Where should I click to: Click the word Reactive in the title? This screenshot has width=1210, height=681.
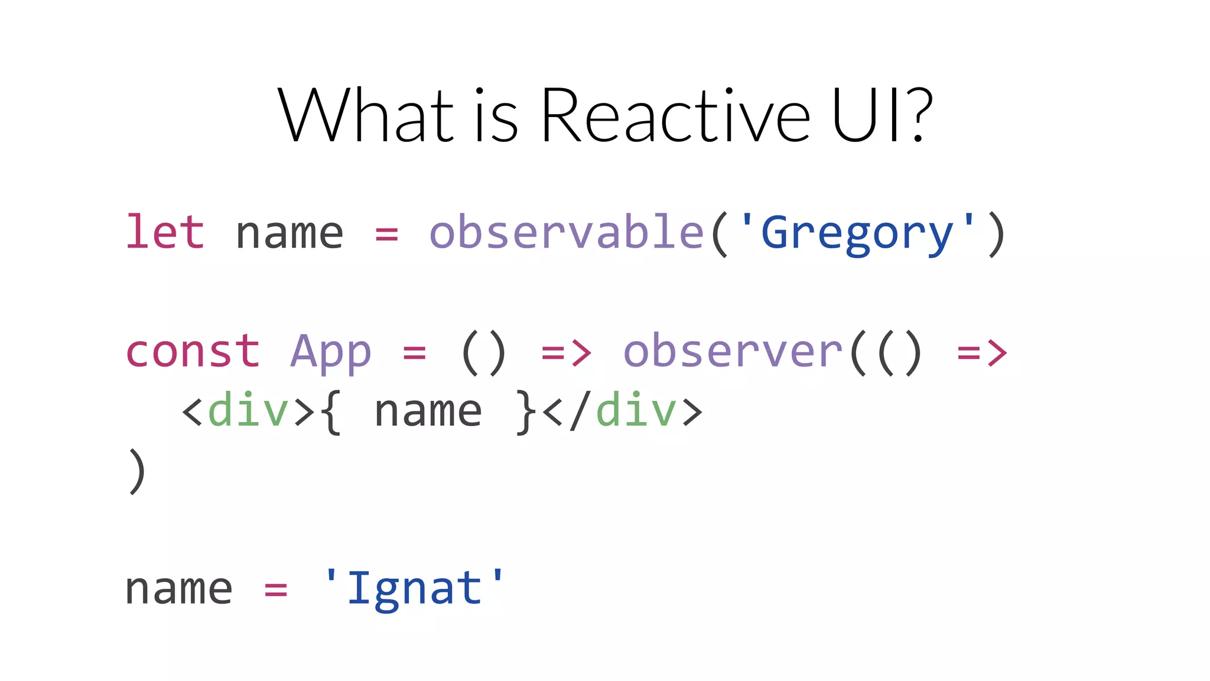[675, 115]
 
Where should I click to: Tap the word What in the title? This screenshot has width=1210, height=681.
[365, 115]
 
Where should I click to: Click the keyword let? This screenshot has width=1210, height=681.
[165, 232]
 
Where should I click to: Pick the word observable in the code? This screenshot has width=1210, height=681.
[567, 232]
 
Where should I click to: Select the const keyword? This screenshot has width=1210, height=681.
[193, 352]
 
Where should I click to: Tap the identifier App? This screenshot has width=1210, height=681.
[331, 353]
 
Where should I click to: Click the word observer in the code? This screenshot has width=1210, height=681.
[733, 352]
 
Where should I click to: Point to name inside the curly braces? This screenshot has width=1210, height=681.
[428, 411]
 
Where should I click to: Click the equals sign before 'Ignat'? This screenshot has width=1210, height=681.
[276, 589]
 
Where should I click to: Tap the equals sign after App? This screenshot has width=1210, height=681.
[414, 353]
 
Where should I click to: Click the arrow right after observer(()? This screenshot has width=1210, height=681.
[982, 353]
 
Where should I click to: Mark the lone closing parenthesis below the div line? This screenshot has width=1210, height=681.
[136, 471]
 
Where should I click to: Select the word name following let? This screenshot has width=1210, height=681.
[290, 234]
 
